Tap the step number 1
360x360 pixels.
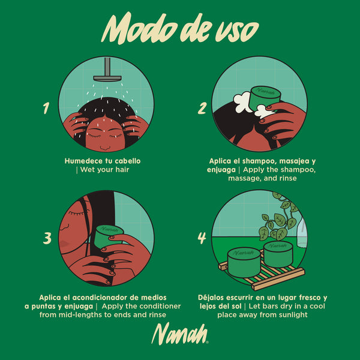pyautogui.click(x=46, y=109)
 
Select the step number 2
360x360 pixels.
pyautogui.click(x=203, y=109)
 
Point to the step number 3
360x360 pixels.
pyautogui.click(x=47, y=238)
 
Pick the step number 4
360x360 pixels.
pyautogui.click(x=202, y=238)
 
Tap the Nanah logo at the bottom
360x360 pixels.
pyautogui.click(x=180, y=334)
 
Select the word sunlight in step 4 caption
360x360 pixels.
pyautogui.click(x=290, y=314)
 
